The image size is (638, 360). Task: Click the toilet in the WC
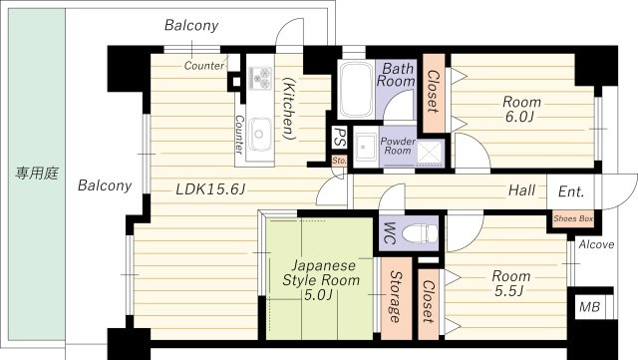pyautogui.click(x=419, y=233)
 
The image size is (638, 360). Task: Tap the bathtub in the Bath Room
pyautogui.click(x=357, y=90)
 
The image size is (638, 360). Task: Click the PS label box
pyautogui.click(x=339, y=138)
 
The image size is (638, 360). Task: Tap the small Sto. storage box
pyautogui.click(x=339, y=161)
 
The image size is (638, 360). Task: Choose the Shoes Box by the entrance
pyautogui.click(x=573, y=218)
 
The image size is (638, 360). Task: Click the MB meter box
pyautogui.click(x=589, y=307)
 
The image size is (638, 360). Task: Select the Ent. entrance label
pyautogui.click(x=571, y=191)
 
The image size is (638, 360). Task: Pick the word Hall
pyautogui.click(x=521, y=189)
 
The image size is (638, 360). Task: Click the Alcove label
pyautogui.click(x=596, y=244)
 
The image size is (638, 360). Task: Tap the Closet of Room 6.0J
pyautogui.click(x=434, y=94)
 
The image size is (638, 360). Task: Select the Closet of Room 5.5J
pyautogui.click(x=428, y=304)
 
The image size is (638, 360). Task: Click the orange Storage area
pyautogui.click(x=396, y=298)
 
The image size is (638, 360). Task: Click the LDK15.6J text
pyautogui.click(x=210, y=188)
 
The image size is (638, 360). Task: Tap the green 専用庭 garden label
pyautogui.click(x=37, y=174)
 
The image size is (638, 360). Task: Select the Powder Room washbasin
pyautogui.click(x=366, y=147)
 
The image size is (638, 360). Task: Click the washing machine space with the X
pyautogui.click(x=430, y=152)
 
